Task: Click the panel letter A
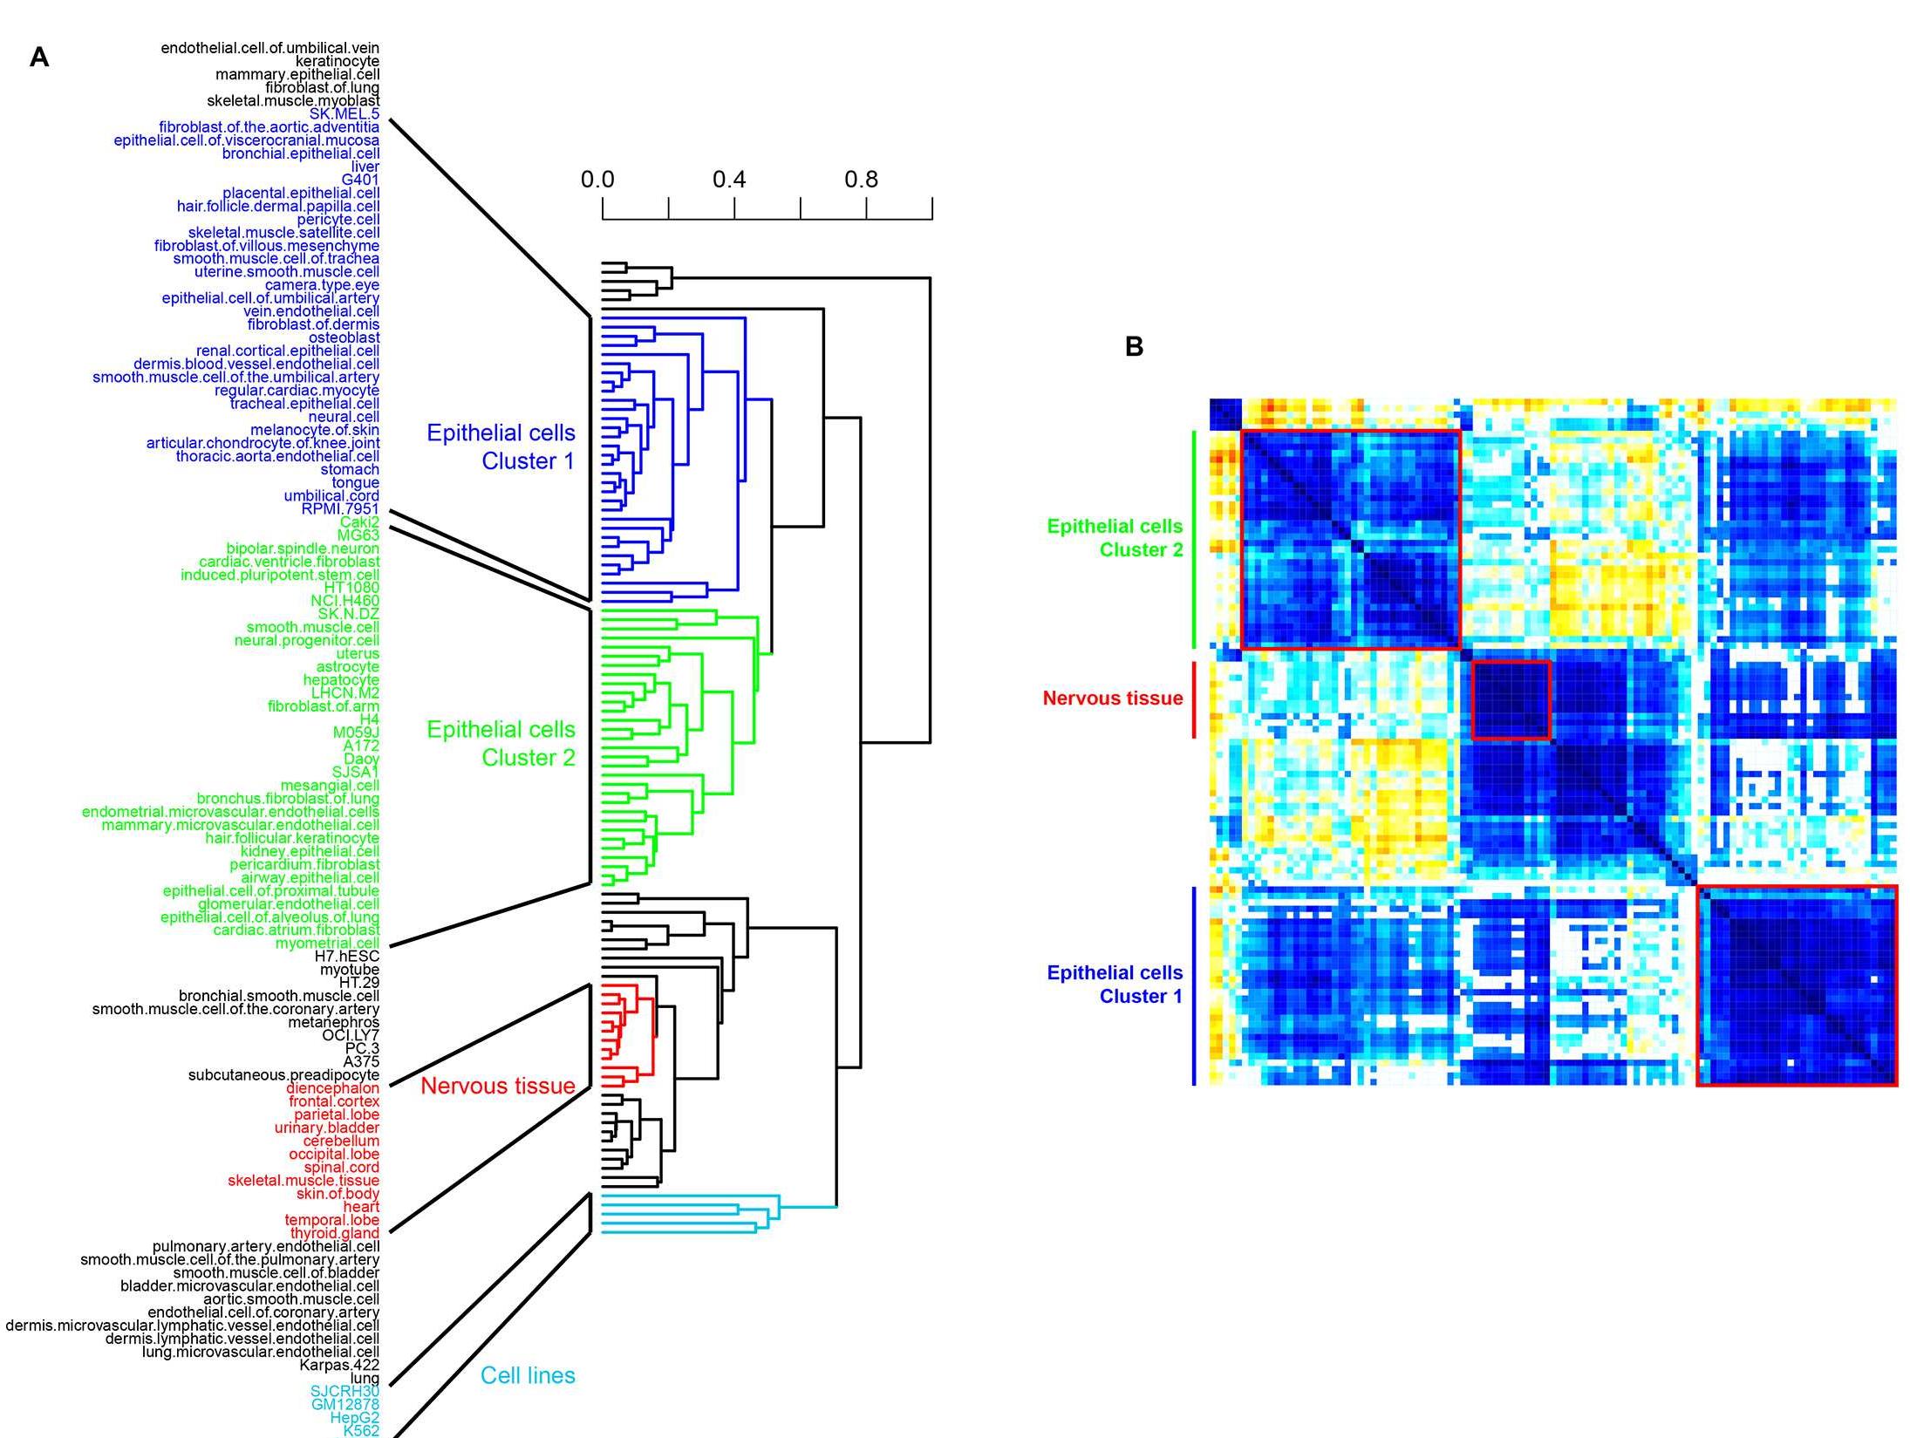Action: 38,58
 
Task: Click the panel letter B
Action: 1134,346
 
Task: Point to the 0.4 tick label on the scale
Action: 729,180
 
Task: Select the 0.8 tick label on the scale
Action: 861,180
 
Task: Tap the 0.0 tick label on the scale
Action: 597,180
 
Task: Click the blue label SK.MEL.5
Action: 344,114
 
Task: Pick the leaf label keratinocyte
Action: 338,61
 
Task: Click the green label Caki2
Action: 359,521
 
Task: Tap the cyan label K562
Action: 361,1431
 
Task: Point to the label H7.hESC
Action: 347,957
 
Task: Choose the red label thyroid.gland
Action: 336,1233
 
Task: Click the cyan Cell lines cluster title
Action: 528,1375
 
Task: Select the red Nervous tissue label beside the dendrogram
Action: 498,1086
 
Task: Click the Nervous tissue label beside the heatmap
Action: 1113,699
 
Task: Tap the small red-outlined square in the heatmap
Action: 1511,700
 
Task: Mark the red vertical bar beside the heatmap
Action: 1193,699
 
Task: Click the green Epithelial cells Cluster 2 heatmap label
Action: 1115,538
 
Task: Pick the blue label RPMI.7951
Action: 340,508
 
